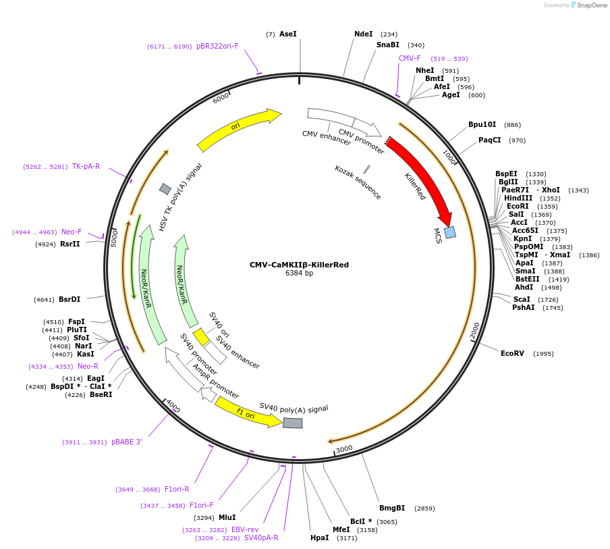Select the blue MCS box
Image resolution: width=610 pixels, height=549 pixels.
pos(450,232)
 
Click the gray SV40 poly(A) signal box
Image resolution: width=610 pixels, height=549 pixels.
pos(293,423)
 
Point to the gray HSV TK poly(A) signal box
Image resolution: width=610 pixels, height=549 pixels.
pos(165,189)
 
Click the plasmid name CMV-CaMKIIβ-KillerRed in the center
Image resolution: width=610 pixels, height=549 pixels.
pos(299,265)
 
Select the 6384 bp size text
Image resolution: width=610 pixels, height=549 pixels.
pos(299,273)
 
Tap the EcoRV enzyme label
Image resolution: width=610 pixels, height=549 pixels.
pos(512,353)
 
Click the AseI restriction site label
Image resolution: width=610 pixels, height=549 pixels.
pos(288,34)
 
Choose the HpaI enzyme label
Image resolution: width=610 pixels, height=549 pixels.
pos(319,538)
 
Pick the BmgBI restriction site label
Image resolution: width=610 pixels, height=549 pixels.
pos(392,508)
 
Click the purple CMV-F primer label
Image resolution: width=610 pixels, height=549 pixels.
pos(410,58)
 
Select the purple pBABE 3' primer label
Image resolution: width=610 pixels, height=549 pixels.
pos(127,442)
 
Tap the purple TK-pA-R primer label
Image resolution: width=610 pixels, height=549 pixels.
pos(86,167)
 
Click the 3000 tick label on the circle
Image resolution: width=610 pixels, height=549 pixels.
pos(344,449)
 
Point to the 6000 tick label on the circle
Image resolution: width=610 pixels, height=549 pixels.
pos(221,98)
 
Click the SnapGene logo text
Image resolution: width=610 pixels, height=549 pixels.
pos(591,5)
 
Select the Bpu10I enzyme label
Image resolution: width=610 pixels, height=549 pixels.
pos(482,125)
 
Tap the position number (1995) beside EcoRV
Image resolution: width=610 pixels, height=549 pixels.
pos(543,354)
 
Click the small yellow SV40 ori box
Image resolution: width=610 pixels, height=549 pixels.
pos(202,337)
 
